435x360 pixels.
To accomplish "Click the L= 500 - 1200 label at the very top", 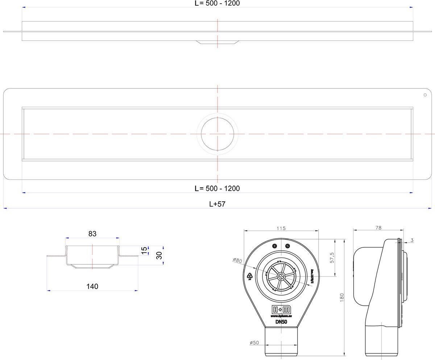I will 217,3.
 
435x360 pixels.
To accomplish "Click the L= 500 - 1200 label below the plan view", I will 217,188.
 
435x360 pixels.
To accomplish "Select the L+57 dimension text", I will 217,204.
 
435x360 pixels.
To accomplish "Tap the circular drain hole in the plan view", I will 217,134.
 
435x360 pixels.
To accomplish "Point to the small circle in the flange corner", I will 425,95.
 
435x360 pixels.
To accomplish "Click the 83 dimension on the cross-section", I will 92,234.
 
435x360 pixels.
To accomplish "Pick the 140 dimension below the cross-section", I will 92,286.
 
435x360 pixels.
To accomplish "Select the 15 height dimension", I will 144,250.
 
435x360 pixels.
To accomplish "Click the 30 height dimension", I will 158,255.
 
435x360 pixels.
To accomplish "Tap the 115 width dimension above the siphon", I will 281,228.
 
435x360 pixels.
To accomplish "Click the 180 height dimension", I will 342,297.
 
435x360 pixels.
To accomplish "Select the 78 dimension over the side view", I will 378,228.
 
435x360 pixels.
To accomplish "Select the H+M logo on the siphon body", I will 281,309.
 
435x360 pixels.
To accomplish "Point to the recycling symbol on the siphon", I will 250,277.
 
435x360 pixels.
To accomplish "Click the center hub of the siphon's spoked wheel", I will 281,276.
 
